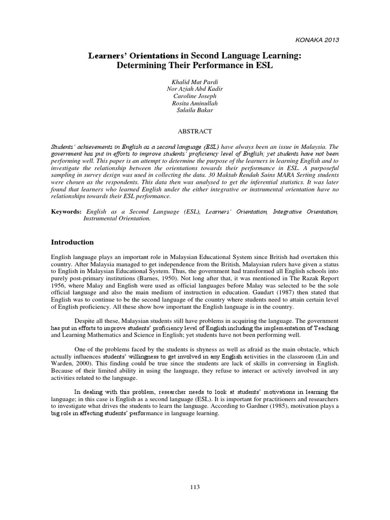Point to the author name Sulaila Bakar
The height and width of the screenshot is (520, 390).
194,109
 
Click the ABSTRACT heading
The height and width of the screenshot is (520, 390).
194,131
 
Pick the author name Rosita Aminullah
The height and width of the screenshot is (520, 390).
194,102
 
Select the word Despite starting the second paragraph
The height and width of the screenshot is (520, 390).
85,322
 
